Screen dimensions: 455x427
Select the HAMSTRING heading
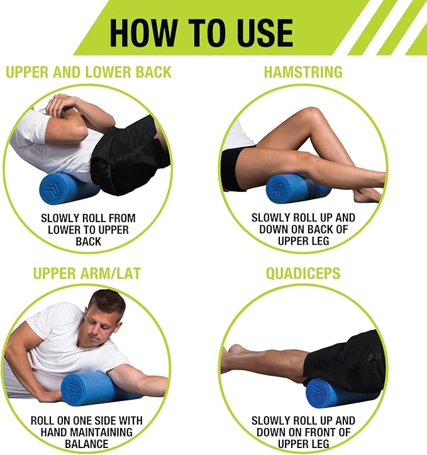coord(303,72)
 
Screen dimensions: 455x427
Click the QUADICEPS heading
coord(302,274)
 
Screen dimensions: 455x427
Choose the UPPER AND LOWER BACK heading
coord(88,72)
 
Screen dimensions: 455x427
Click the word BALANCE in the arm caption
coord(87,444)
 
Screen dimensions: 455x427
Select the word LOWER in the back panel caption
coord(64,230)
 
